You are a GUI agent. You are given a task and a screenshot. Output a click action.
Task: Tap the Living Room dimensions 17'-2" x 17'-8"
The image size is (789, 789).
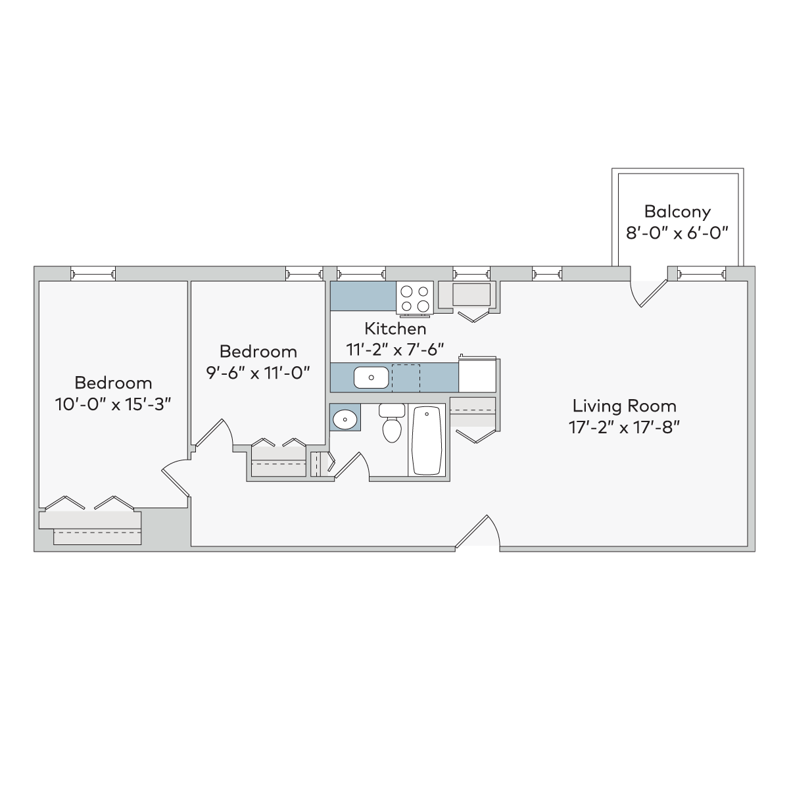[623, 428]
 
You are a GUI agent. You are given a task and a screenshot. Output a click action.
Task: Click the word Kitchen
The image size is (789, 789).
[395, 328]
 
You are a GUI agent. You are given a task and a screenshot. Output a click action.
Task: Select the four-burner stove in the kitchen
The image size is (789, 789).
[415, 299]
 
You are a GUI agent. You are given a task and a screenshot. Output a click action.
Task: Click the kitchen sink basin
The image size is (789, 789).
[371, 377]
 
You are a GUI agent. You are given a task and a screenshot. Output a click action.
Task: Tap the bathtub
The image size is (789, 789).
[427, 440]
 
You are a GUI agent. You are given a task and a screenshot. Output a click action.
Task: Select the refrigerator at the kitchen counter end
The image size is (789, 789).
[477, 375]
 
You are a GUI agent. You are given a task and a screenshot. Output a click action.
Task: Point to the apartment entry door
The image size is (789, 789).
[477, 531]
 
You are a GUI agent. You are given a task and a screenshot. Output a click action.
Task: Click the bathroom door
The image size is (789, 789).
[352, 466]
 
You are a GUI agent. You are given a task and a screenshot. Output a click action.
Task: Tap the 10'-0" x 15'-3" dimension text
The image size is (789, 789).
[112, 404]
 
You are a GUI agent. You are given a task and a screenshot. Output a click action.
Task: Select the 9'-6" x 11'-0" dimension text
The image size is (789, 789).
[258, 373]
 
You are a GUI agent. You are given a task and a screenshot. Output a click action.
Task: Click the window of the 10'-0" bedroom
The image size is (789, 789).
[93, 274]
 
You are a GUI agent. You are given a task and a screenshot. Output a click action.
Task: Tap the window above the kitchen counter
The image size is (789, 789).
[361, 274]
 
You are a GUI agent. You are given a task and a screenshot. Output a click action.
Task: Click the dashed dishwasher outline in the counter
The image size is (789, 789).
[406, 378]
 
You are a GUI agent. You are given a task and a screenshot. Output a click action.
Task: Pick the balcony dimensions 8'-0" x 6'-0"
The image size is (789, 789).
[677, 233]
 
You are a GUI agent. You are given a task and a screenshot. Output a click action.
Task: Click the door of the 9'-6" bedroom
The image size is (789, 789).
[213, 433]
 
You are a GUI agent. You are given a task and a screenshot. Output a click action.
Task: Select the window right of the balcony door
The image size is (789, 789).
[702, 274]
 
